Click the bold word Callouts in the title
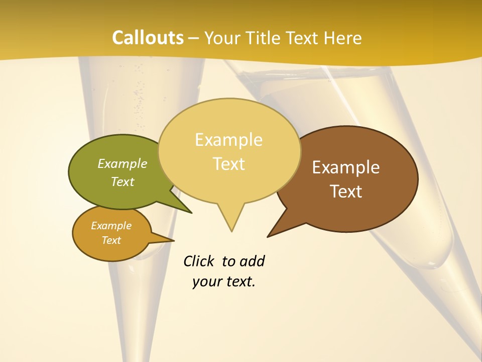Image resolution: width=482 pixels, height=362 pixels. [x=148, y=38]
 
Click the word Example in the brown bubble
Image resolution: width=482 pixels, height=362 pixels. [x=346, y=167]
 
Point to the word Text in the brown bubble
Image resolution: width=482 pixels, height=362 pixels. [x=346, y=192]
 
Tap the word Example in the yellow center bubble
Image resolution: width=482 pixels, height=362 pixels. [x=228, y=140]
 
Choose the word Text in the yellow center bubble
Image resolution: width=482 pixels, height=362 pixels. [x=229, y=164]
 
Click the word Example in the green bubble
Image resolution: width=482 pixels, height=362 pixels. [x=123, y=163]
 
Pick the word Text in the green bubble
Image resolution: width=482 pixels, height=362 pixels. [x=123, y=182]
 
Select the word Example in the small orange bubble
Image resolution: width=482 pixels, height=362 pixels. [x=111, y=226]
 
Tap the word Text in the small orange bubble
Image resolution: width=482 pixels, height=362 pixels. [x=111, y=240]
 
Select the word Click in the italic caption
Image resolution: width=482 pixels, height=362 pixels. [x=200, y=261]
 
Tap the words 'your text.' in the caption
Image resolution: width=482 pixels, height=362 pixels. [x=224, y=282]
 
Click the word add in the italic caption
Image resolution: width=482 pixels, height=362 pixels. [x=252, y=261]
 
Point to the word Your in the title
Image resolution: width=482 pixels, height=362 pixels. [x=221, y=38]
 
